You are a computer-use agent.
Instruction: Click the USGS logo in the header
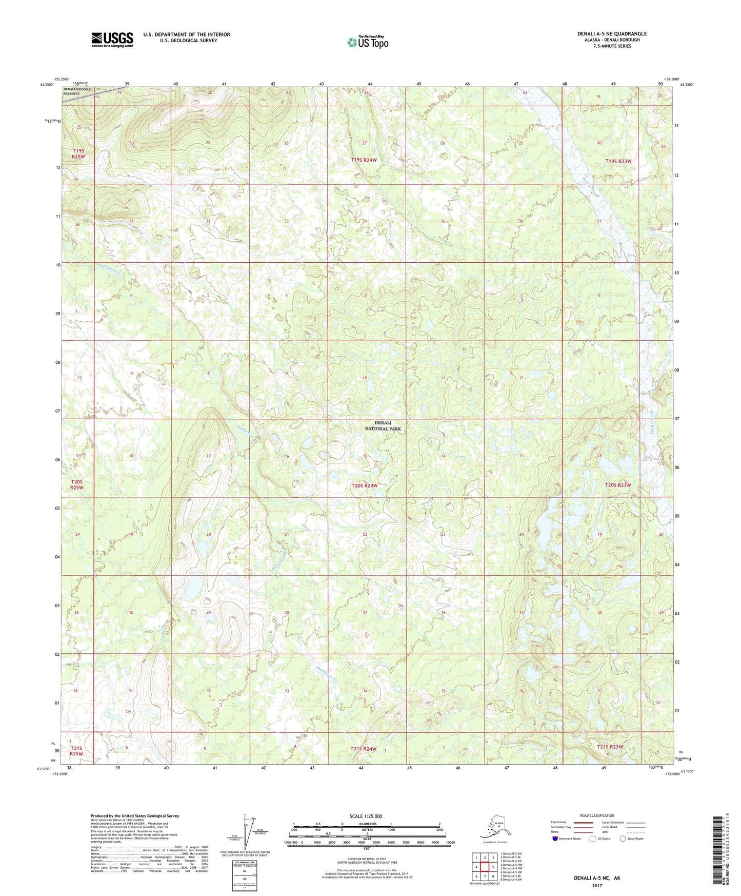[x=112, y=40]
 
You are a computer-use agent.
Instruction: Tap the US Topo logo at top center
[x=367, y=42]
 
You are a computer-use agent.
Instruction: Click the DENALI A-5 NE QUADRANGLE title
[x=612, y=34]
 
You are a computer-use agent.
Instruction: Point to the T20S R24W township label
[x=365, y=485]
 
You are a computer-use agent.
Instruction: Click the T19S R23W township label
[x=618, y=161]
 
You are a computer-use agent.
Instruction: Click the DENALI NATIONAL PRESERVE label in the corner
[x=78, y=91]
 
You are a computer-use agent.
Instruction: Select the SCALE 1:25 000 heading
[x=366, y=816]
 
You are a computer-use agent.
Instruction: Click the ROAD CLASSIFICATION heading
[x=597, y=815]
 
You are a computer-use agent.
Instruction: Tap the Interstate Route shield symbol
[x=555, y=839]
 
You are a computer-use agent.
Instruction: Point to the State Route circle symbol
[x=623, y=839]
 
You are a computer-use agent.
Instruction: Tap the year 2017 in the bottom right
[x=596, y=886]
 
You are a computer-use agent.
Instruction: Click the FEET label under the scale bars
[x=367, y=848]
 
